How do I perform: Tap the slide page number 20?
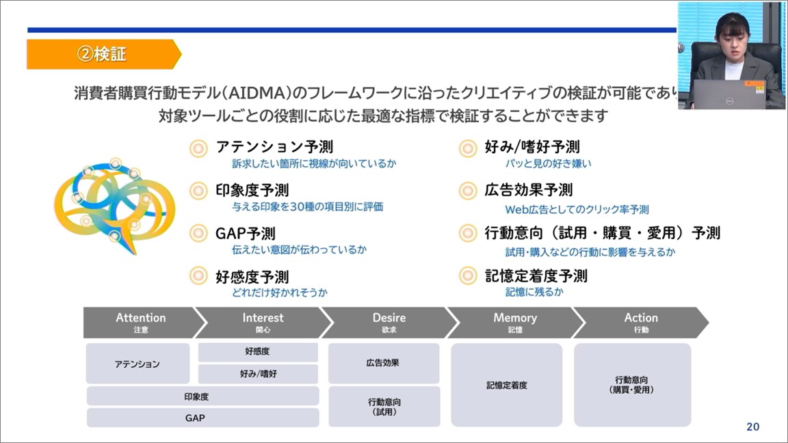pos(752,427)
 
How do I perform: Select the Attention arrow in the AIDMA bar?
pos(140,322)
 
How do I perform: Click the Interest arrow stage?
pos(263,322)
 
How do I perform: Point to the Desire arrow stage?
pos(389,322)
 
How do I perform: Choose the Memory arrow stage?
pos(514,322)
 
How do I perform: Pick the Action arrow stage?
pos(640,322)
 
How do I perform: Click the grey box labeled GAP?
pos(202,418)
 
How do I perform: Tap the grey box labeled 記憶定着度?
pos(506,385)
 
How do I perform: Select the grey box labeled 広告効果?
pos(383,363)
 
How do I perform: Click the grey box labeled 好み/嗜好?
pos(258,374)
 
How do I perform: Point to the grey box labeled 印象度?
pos(202,396)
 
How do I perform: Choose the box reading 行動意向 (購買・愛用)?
pos(632,385)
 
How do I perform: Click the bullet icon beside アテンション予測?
pos(198,148)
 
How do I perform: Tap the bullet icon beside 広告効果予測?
pos(468,191)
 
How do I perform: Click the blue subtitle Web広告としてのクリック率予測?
pos(577,209)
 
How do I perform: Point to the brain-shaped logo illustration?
pos(114,205)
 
